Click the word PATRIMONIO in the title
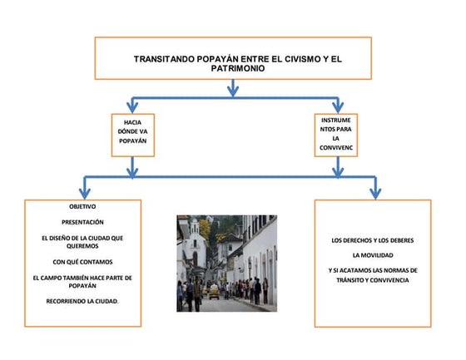click(x=238, y=68)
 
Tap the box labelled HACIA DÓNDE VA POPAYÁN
click(x=133, y=136)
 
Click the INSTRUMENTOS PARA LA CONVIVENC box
click(x=336, y=136)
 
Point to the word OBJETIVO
click(x=82, y=206)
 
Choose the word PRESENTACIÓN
click(x=82, y=222)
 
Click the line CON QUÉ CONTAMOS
click(x=82, y=262)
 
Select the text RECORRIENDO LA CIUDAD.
click(x=82, y=301)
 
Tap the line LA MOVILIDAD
click(x=373, y=255)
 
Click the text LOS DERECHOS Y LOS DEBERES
click(x=373, y=240)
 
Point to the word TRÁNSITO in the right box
click(x=350, y=280)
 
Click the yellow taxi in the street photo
click(x=214, y=291)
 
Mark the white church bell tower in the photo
click(x=195, y=229)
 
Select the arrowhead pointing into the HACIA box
click(x=132, y=107)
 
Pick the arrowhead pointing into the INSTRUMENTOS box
click(x=338, y=107)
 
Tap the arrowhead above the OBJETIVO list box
click(x=85, y=193)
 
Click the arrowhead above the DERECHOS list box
click(x=375, y=193)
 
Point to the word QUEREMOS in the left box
click(x=82, y=246)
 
